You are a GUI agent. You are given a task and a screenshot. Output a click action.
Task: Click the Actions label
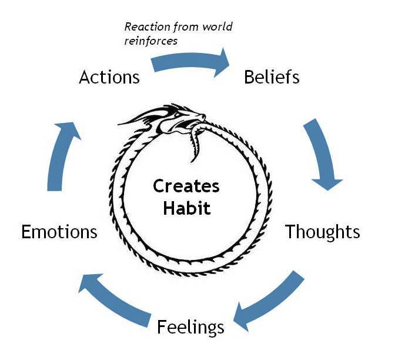(x=109, y=77)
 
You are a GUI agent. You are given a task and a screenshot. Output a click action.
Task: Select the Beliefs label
(x=272, y=77)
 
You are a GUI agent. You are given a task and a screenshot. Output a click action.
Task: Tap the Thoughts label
(x=322, y=232)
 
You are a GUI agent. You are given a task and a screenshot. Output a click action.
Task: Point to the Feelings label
(x=190, y=326)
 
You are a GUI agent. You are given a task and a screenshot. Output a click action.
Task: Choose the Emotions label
(x=59, y=232)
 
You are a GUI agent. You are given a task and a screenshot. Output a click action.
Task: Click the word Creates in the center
(x=186, y=186)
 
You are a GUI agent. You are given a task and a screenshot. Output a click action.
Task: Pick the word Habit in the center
(x=186, y=209)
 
